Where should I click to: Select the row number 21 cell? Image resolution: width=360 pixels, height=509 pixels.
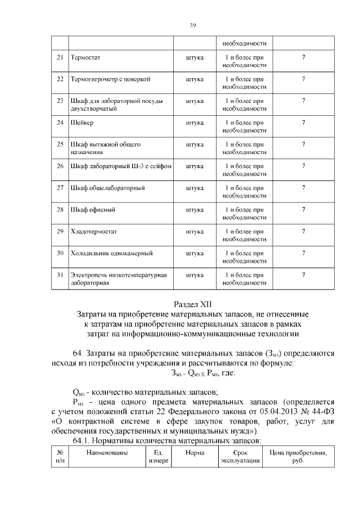point(60,58)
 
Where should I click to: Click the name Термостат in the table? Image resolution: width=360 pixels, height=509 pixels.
point(85,58)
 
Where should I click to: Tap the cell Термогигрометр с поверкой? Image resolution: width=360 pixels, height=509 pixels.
point(110,79)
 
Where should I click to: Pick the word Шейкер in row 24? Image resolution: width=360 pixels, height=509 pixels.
point(82,123)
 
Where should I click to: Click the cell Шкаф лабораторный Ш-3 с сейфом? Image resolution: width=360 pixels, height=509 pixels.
point(120,166)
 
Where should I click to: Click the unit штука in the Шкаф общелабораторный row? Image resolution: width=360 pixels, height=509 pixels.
point(194,187)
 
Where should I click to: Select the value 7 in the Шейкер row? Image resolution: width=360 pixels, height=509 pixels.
point(303,123)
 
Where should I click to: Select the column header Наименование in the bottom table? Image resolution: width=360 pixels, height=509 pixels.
point(107,452)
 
